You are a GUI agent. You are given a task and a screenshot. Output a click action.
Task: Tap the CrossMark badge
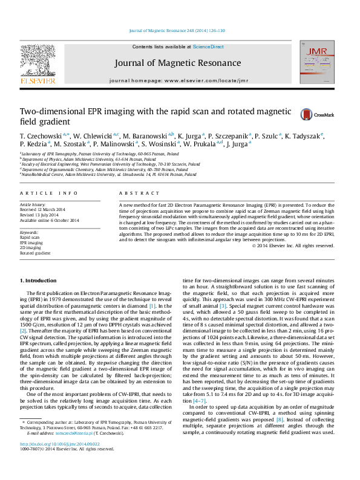313,114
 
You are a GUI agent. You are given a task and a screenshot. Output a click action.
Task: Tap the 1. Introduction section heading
39,281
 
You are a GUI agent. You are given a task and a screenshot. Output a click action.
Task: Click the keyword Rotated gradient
35,253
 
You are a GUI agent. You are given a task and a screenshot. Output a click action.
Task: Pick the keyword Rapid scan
30,238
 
